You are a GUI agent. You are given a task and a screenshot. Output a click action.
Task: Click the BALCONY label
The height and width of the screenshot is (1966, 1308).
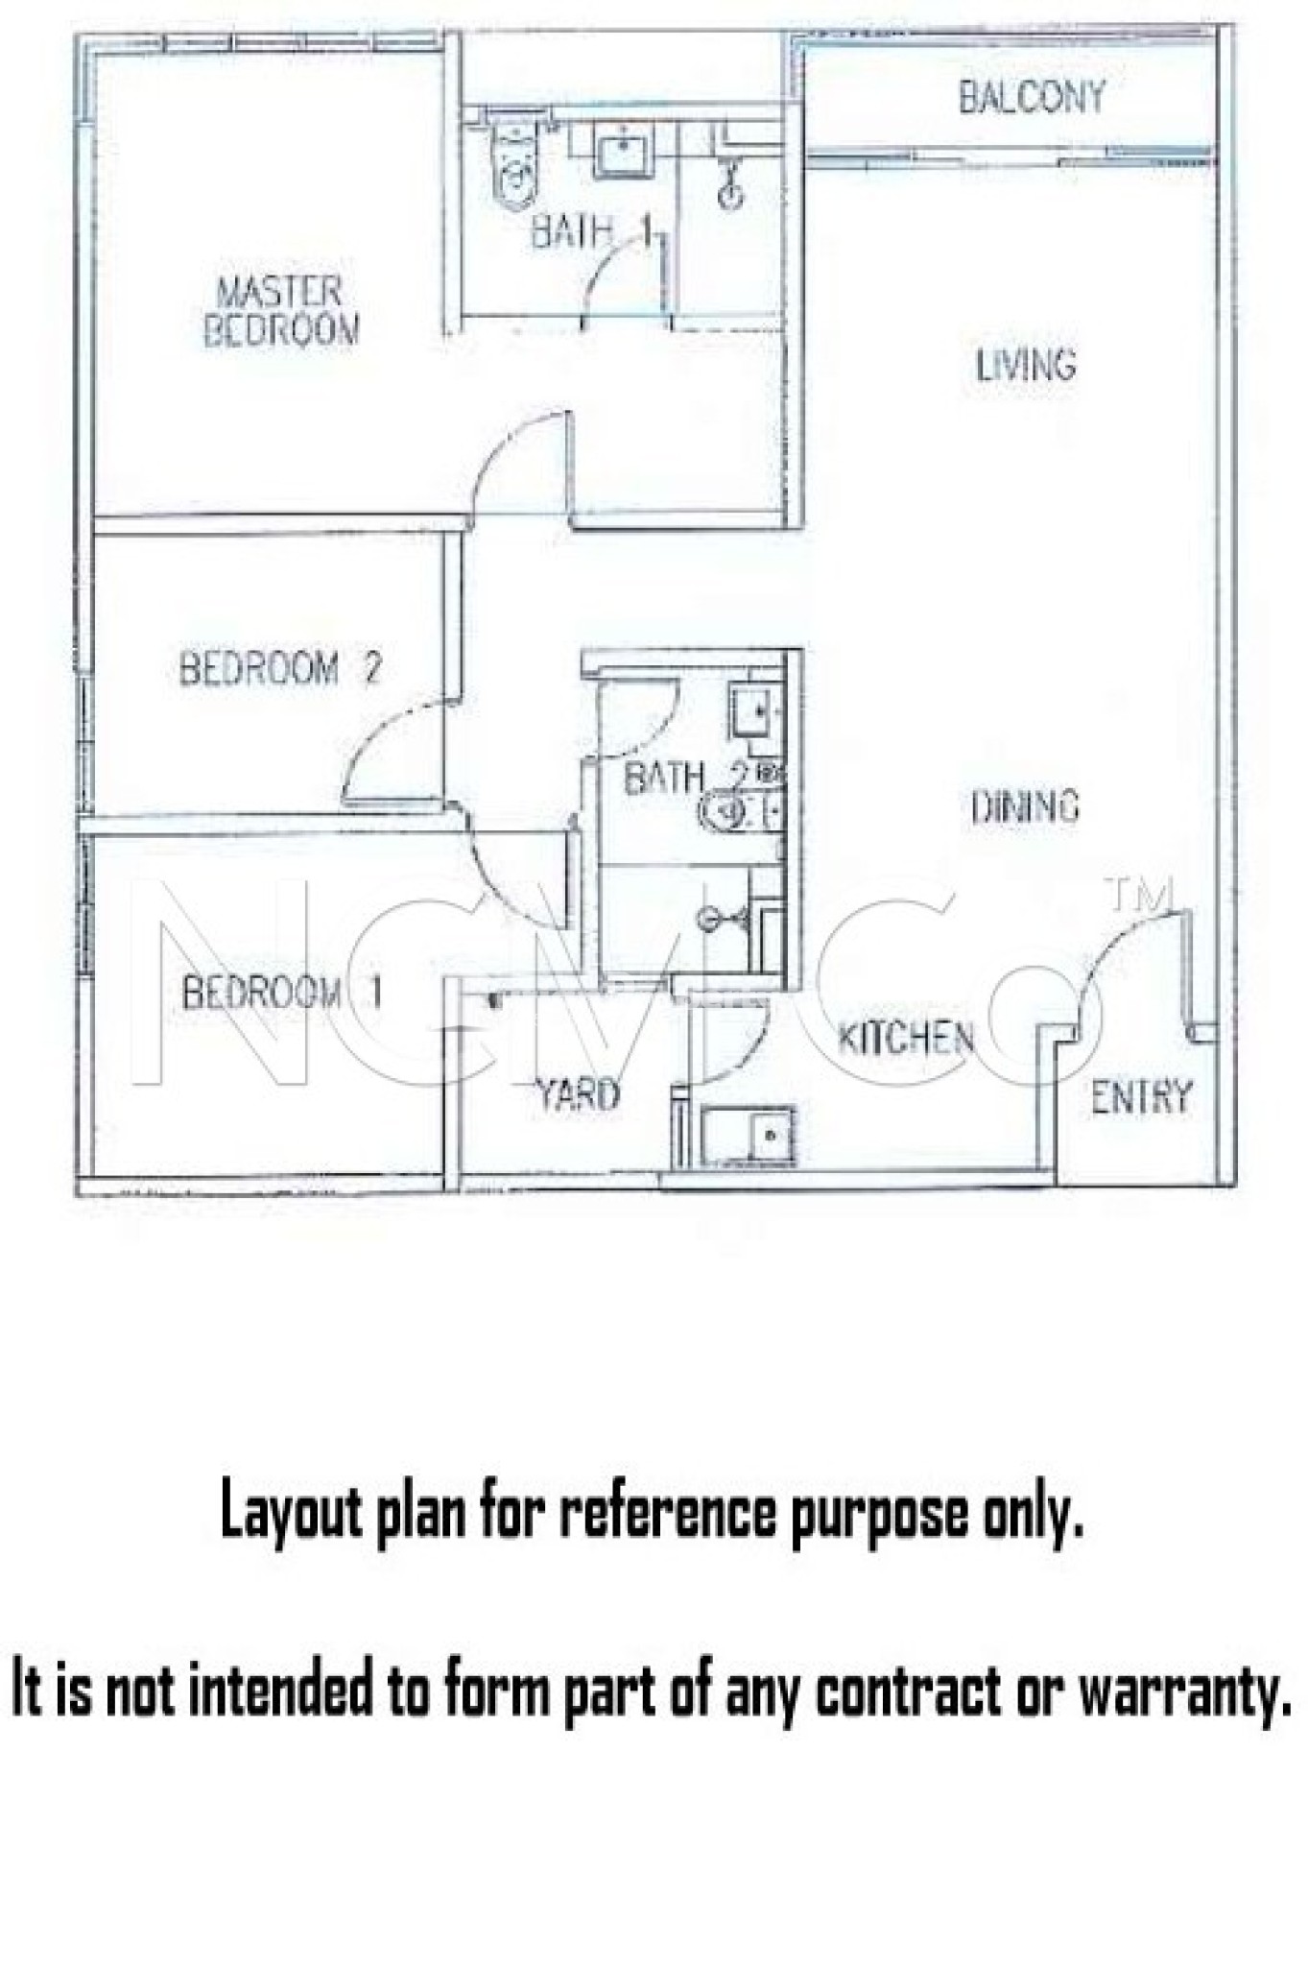(1032, 97)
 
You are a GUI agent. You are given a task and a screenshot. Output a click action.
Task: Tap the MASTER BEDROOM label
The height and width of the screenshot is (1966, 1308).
(280, 311)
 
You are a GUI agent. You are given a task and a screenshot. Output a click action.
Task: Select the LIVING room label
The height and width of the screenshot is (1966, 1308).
(1026, 366)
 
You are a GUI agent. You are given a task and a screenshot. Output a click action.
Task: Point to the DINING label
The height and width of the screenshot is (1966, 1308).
(1025, 806)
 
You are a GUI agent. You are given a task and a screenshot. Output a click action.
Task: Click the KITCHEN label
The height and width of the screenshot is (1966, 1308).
(906, 1038)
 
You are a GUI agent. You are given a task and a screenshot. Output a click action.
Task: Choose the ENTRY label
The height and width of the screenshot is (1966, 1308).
(1141, 1095)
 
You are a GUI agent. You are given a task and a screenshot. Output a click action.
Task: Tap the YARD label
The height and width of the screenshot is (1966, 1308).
(577, 1093)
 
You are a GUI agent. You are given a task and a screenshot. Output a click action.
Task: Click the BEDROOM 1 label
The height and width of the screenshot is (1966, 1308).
(282, 992)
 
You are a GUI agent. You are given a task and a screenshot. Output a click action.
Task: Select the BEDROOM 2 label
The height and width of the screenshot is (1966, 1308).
(280, 667)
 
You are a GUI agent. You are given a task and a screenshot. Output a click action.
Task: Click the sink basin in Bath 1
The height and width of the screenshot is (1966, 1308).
(623, 152)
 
